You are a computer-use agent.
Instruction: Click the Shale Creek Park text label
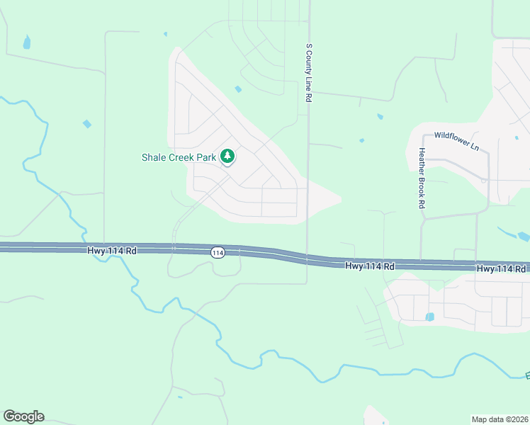(x=179, y=157)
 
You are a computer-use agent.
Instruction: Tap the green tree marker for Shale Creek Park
(x=227, y=156)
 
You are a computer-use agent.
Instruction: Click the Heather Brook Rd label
(x=422, y=177)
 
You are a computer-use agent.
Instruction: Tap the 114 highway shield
(x=218, y=253)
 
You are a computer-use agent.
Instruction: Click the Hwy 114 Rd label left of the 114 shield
(x=112, y=251)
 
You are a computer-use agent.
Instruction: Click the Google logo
(x=23, y=416)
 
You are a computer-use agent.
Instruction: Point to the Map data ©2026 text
(x=500, y=419)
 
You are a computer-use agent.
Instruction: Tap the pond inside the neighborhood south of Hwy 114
(x=429, y=317)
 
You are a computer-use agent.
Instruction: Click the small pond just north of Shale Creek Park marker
(x=238, y=89)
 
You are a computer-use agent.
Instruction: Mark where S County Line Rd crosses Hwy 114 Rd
(x=307, y=258)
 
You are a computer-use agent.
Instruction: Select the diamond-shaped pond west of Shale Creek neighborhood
(x=86, y=124)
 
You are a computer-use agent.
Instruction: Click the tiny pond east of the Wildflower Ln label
(x=517, y=137)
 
